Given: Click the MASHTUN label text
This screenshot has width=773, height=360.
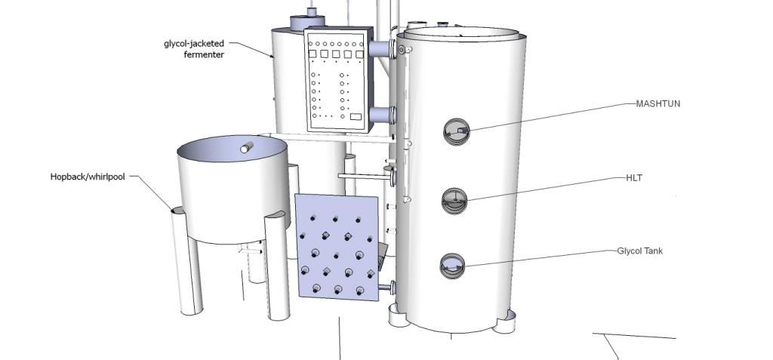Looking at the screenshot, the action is pos(658,103).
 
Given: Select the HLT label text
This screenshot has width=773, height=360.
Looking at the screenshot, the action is pos(634,177).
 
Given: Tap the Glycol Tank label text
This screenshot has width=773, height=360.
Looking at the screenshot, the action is pos(640,251).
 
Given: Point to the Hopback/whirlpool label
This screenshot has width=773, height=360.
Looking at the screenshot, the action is pos(88,177).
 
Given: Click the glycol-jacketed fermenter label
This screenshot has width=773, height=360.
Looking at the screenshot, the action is pos(194,49).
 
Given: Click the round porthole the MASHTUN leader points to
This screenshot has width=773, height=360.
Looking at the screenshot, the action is pos(457,131).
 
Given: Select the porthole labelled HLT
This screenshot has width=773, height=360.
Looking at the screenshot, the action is pos(454,201).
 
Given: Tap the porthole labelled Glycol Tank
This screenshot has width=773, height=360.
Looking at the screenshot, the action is pos(452,266).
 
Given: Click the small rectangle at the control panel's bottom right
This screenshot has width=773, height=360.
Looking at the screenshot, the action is pos(356,117).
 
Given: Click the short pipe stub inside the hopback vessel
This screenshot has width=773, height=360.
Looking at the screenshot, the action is pos(247,147).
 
